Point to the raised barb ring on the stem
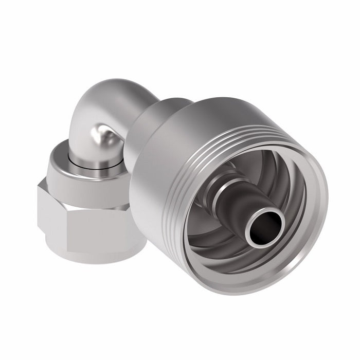(227, 185)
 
